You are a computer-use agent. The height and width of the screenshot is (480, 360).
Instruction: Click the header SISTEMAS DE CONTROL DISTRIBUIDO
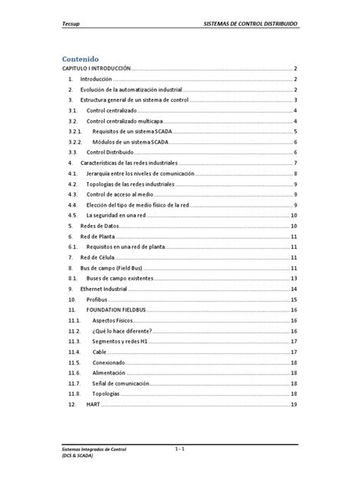pyautogui.click(x=251, y=24)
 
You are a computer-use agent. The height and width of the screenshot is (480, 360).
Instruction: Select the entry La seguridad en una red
pyautogui.click(x=118, y=216)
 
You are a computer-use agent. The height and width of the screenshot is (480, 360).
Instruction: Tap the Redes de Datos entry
pyautogui.click(x=102, y=226)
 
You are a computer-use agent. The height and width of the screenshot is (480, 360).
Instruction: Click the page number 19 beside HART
pyautogui.click(x=292, y=405)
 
